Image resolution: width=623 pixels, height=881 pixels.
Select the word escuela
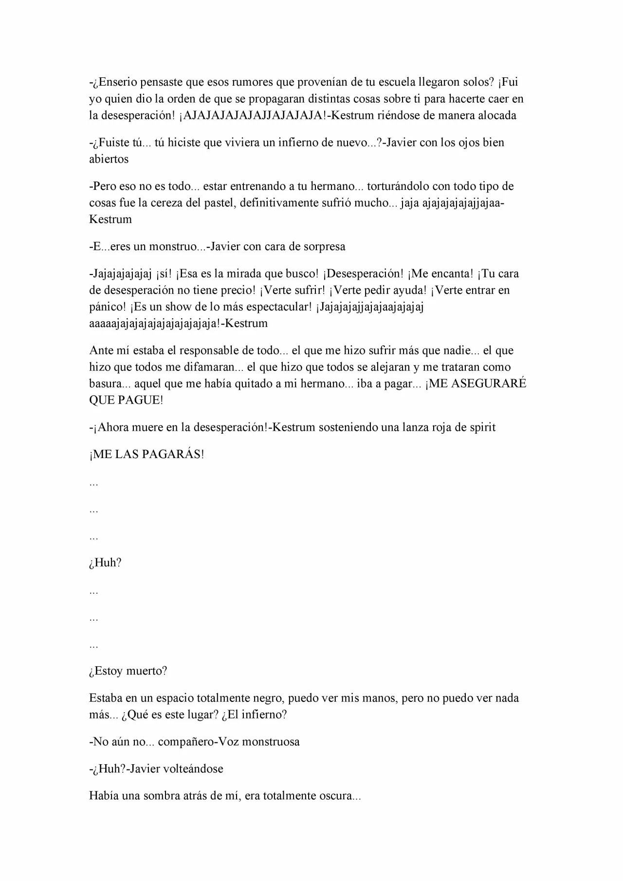[x=393, y=82]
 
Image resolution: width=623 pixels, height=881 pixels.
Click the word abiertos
[x=109, y=159]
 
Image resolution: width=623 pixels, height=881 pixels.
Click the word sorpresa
[x=324, y=246]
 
